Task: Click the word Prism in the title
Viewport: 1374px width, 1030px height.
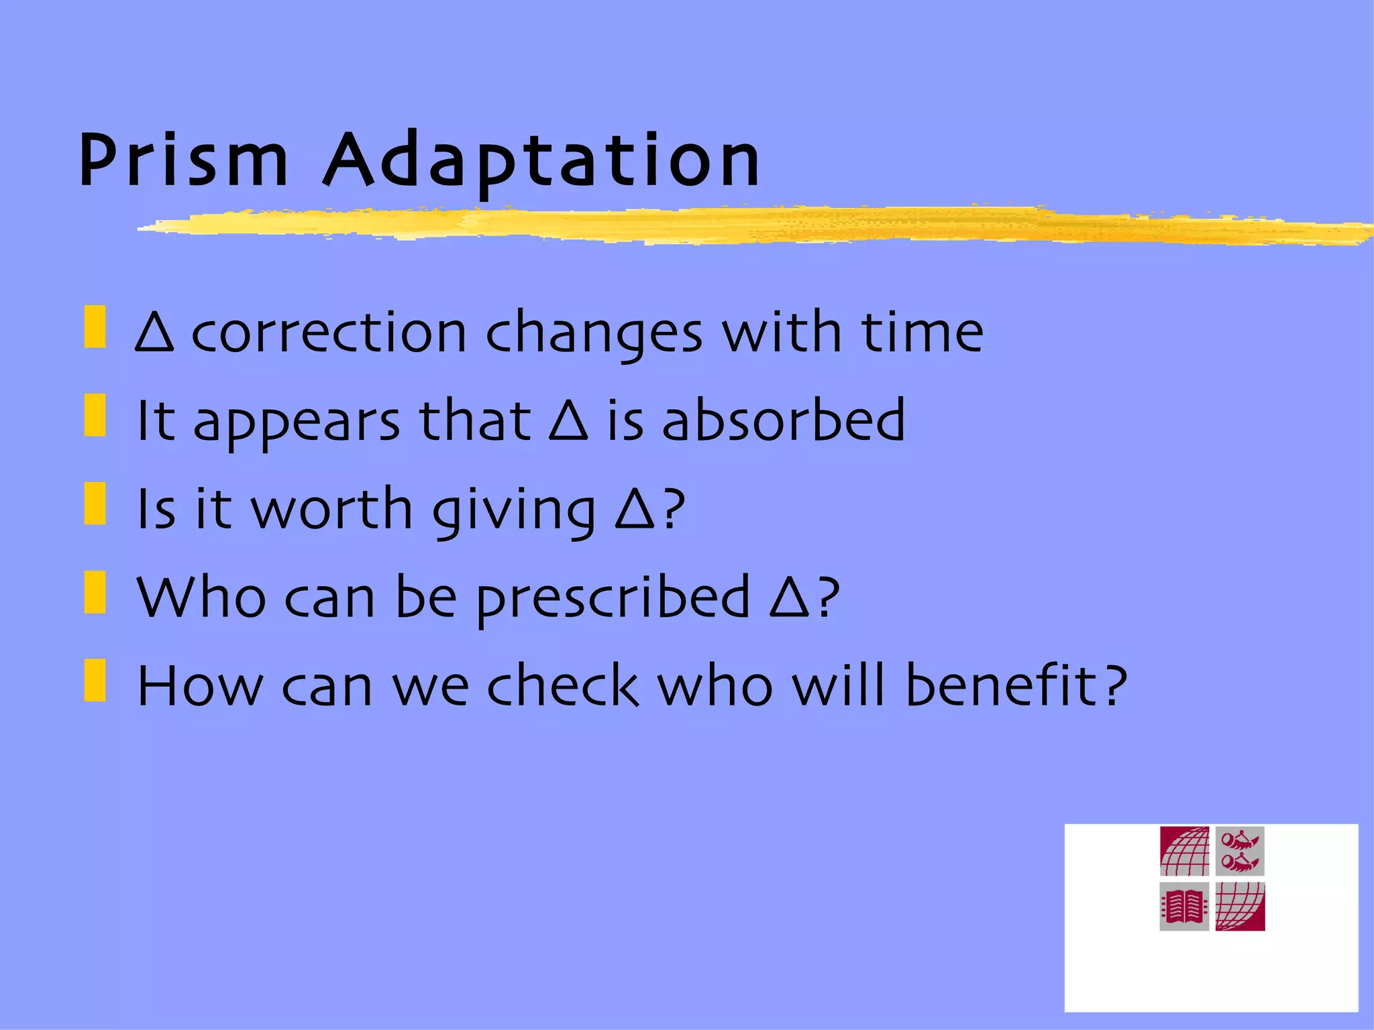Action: point(182,161)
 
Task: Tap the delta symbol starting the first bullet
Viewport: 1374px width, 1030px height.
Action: point(154,333)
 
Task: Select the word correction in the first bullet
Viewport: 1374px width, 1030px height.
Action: point(329,333)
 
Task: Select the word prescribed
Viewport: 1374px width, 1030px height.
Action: point(613,598)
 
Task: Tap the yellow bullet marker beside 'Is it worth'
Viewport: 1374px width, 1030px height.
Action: point(95,504)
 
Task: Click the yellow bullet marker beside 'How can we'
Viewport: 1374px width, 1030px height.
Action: point(95,681)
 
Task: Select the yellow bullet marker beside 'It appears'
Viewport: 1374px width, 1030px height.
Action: point(95,415)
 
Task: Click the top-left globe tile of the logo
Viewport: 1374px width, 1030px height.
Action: point(1184,851)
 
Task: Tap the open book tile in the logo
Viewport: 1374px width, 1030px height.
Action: point(1184,907)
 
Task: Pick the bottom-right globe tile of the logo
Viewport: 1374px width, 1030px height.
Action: point(1240,907)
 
